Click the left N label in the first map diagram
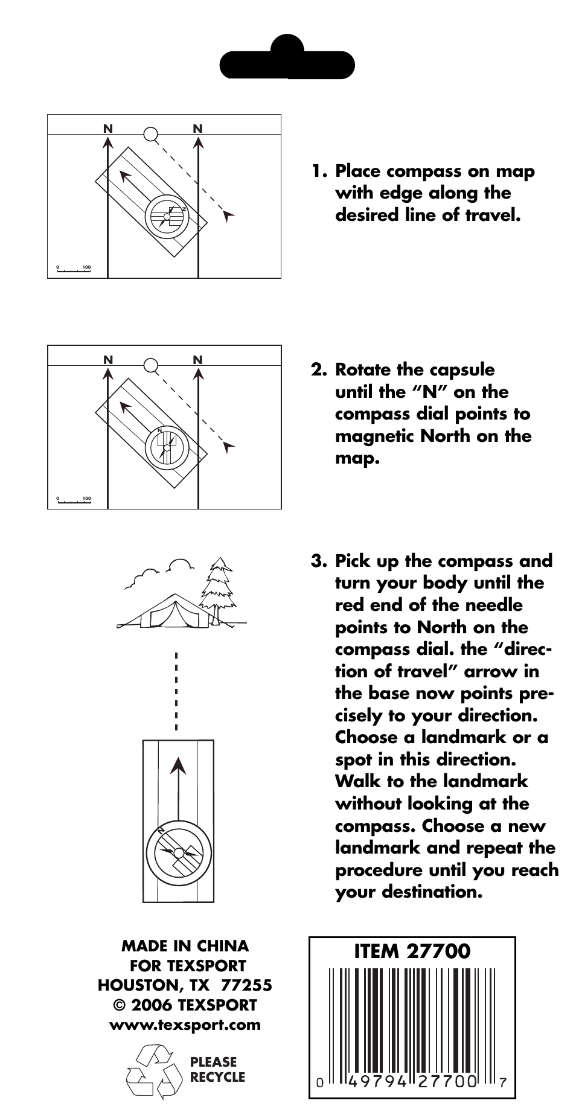(x=107, y=129)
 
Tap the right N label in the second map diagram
(x=198, y=360)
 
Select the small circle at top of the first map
(x=151, y=134)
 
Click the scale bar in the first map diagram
(x=74, y=269)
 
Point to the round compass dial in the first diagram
(x=167, y=216)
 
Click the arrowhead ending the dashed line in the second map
(x=228, y=446)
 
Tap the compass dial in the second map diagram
(x=167, y=447)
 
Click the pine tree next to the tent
(x=216, y=589)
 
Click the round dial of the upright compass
(x=178, y=852)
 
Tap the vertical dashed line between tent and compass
(x=176, y=691)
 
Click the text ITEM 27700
(x=412, y=951)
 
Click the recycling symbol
(x=154, y=1071)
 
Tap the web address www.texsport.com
(x=185, y=1024)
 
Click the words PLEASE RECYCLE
(x=217, y=1069)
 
